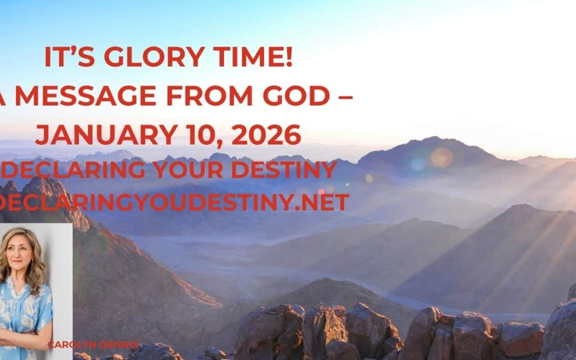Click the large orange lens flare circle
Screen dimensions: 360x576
pos(441,157)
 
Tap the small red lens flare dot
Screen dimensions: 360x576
pos(322,191)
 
